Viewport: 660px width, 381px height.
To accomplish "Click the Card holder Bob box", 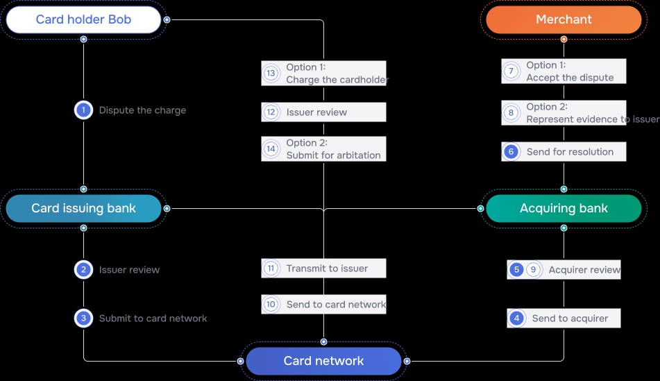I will (83, 19).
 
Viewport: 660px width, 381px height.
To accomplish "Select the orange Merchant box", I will (564, 19).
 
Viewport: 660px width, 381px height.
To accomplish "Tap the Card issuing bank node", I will (83, 208).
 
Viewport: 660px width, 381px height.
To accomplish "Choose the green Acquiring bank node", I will (564, 208).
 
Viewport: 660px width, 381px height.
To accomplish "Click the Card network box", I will (323, 361).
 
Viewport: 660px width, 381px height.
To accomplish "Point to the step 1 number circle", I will (83, 110).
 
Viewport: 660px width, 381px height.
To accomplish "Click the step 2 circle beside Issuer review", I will (83, 270).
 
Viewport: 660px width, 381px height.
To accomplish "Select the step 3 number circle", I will (83, 319).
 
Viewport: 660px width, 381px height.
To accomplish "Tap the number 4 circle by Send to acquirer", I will (516, 319).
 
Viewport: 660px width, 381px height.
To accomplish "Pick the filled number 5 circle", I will (516, 270).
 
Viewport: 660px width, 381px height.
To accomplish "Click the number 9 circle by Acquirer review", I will (533, 270).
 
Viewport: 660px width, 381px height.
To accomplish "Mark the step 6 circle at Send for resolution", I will (511, 152).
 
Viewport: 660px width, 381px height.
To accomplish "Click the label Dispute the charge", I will (142, 110).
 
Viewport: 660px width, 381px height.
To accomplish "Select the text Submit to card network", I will (153, 319).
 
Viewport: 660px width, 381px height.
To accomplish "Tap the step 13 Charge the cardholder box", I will (323, 73).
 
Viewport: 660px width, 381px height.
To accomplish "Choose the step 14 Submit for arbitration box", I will (323, 149).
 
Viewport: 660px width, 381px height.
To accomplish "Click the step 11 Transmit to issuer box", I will (323, 269).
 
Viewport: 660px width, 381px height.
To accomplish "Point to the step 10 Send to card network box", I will (323, 304).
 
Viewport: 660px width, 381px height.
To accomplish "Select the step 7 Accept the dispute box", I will (564, 71).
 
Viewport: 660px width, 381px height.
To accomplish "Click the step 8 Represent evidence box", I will (564, 112).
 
